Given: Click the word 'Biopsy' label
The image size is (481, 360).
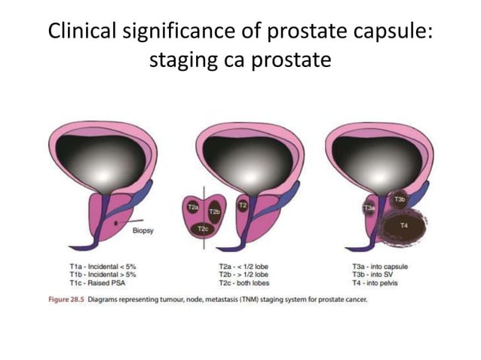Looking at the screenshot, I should tap(143, 231).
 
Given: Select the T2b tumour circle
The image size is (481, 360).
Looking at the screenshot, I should tap(213, 212).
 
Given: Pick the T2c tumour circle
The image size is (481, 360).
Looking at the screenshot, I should tap(203, 228).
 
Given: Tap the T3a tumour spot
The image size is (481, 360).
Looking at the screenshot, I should tap(369, 206).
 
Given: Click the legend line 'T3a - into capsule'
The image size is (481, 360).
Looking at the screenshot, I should tap(378, 266).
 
